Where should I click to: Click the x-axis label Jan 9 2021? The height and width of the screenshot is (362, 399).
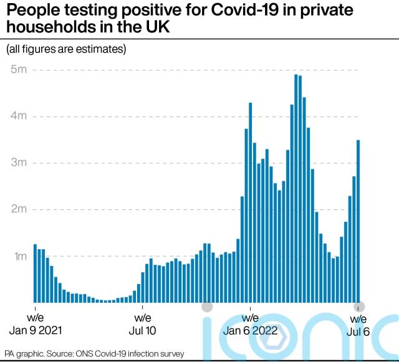click(x=36, y=325)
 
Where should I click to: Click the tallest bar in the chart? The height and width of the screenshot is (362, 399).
click(x=296, y=187)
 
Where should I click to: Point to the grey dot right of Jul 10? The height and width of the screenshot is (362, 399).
click(x=207, y=307)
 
